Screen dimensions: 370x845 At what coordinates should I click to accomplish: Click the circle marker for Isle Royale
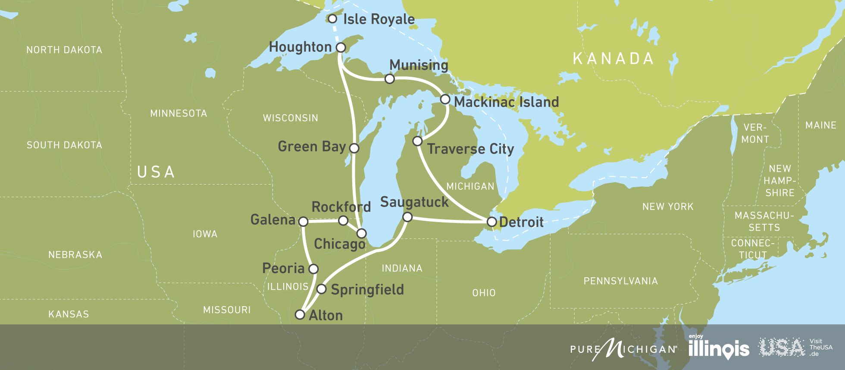point(332,19)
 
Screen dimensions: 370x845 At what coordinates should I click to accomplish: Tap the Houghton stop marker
point(341,47)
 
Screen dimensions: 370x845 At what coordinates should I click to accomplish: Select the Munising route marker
point(389,78)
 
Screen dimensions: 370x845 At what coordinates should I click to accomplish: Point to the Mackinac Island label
point(506,102)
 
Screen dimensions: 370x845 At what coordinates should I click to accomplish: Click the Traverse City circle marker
point(417,141)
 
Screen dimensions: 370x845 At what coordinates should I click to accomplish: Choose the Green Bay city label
point(312,147)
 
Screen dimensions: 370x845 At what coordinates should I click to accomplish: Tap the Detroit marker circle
point(491,222)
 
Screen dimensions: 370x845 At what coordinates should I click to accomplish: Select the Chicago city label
point(339,244)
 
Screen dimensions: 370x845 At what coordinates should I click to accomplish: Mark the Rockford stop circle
point(343,221)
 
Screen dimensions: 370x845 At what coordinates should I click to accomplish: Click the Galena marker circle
point(303,222)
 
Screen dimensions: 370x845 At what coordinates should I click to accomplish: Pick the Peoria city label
point(283,269)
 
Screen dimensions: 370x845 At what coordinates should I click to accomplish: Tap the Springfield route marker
point(322,289)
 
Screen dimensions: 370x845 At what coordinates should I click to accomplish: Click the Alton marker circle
point(300,314)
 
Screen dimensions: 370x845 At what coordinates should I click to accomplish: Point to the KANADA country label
point(613,59)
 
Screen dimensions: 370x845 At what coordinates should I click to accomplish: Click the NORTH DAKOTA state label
point(64,50)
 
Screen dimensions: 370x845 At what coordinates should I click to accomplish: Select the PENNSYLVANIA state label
point(620,281)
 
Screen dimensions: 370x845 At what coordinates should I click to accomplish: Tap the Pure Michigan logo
point(623,348)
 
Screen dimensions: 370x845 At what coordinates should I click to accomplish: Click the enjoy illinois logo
point(718,348)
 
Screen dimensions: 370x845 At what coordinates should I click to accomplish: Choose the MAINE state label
point(820,125)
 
